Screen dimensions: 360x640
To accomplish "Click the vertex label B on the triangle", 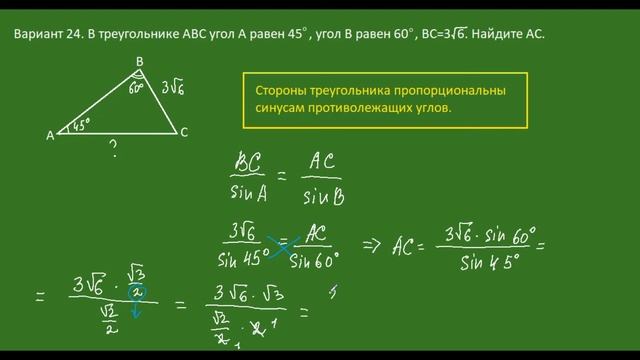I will click(139, 62).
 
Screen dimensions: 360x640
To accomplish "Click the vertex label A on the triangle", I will click(50, 134).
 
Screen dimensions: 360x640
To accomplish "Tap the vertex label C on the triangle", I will click(183, 133).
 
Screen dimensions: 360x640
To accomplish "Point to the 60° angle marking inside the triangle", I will click(138, 87).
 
